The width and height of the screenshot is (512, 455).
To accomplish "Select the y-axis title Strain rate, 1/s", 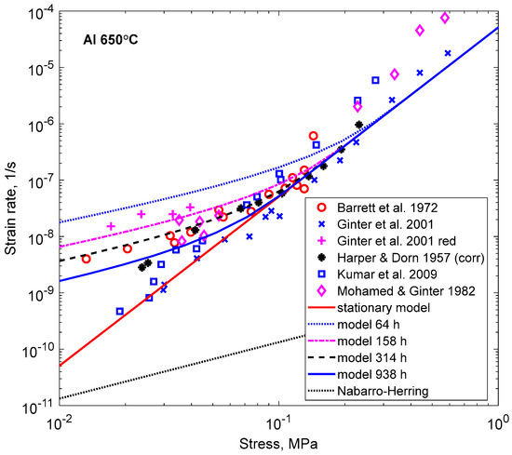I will point(12,207).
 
